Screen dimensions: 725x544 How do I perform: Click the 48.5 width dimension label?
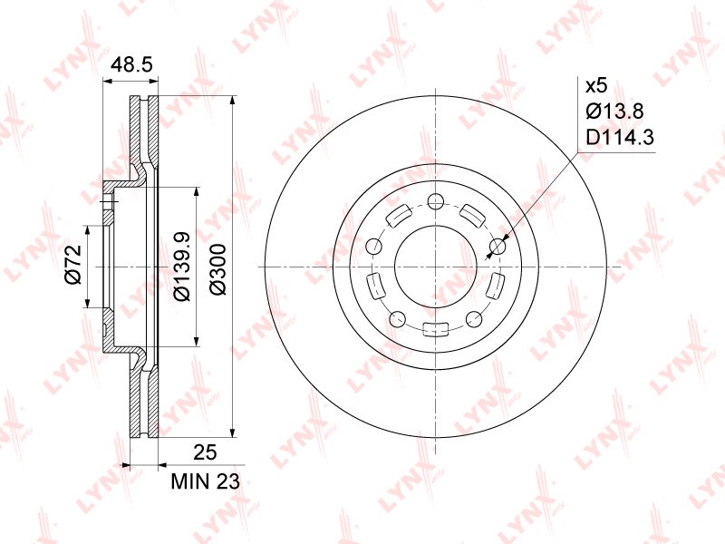click(131, 64)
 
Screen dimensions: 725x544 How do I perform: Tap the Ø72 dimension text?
click(73, 265)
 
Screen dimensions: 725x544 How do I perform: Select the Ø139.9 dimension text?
click(182, 266)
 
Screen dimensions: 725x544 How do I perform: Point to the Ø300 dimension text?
click(218, 269)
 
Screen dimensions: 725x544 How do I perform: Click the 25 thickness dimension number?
click(205, 452)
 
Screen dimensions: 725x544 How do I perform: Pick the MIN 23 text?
click(206, 482)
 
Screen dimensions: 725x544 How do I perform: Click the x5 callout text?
click(596, 86)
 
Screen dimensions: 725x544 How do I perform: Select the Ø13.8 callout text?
click(615, 112)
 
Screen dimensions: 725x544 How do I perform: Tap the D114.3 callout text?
click(620, 138)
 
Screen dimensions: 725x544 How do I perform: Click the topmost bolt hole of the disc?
click(436, 201)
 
